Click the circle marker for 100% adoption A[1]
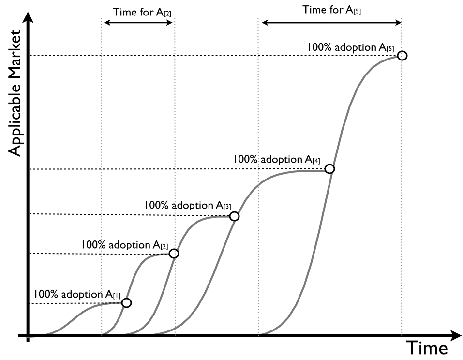pos(126,303)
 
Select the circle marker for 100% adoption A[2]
pos(174,254)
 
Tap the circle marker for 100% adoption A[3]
pos(234,216)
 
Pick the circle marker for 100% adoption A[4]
pos(329,169)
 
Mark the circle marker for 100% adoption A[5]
pos(403,56)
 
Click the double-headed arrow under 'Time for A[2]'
pos(139,23)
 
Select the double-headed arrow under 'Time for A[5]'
pos(331,22)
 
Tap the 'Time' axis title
pos(427,348)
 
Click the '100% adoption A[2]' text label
pos(124,245)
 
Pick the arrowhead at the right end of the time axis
pos(454,335)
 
